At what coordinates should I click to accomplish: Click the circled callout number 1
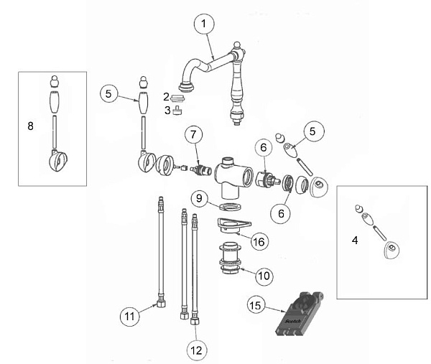pyautogui.click(x=204, y=24)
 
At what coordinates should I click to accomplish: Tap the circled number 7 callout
pyautogui.click(x=193, y=134)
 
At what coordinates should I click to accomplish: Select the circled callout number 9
pyautogui.click(x=199, y=198)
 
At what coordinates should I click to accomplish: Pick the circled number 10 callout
pyautogui.click(x=264, y=276)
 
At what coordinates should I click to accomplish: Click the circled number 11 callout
pyautogui.click(x=130, y=316)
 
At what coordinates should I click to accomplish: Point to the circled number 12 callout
pyautogui.click(x=196, y=350)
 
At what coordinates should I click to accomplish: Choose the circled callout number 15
pyautogui.click(x=256, y=305)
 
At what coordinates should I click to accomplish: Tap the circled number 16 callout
pyautogui.click(x=259, y=241)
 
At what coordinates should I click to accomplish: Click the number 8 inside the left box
pyautogui.click(x=30, y=126)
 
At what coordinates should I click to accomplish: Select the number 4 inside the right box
pyautogui.click(x=355, y=241)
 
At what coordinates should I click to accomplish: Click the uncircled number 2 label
pyautogui.click(x=166, y=97)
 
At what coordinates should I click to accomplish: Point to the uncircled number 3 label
pyautogui.click(x=167, y=111)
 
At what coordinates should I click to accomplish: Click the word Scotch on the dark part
pyautogui.click(x=293, y=321)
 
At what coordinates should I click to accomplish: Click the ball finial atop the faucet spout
pyautogui.click(x=236, y=45)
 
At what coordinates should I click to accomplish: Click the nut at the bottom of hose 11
pyautogui.click(x=161, y=304)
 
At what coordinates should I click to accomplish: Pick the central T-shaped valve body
pyautogui.click(x=232, y=176)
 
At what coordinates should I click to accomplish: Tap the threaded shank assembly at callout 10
pyautogui.click(x=231, y=258)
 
